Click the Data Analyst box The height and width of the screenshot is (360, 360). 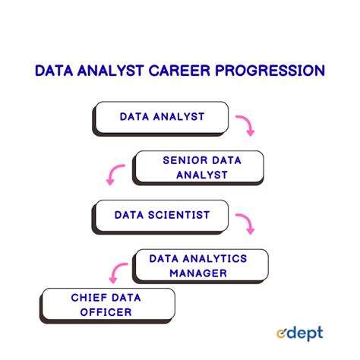tap(161, 117)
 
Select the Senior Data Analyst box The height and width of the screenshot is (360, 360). tap(200, 167)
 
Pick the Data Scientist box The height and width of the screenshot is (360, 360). tap(162, 215)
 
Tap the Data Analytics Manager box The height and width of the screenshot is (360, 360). tap(199, 265)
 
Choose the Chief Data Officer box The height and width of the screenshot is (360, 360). tap(109, 304)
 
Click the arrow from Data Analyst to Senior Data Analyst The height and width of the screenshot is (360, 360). tap(245, 125)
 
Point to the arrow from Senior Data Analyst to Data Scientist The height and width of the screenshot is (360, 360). tap(115, 175)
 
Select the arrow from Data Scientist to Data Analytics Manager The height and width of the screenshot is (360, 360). tap(245, 223)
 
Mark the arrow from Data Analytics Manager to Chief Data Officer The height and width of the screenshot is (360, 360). tap(115, 272)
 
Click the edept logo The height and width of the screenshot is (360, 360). tap(299, 333)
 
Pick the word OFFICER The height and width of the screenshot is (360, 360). tap(109, 311)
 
